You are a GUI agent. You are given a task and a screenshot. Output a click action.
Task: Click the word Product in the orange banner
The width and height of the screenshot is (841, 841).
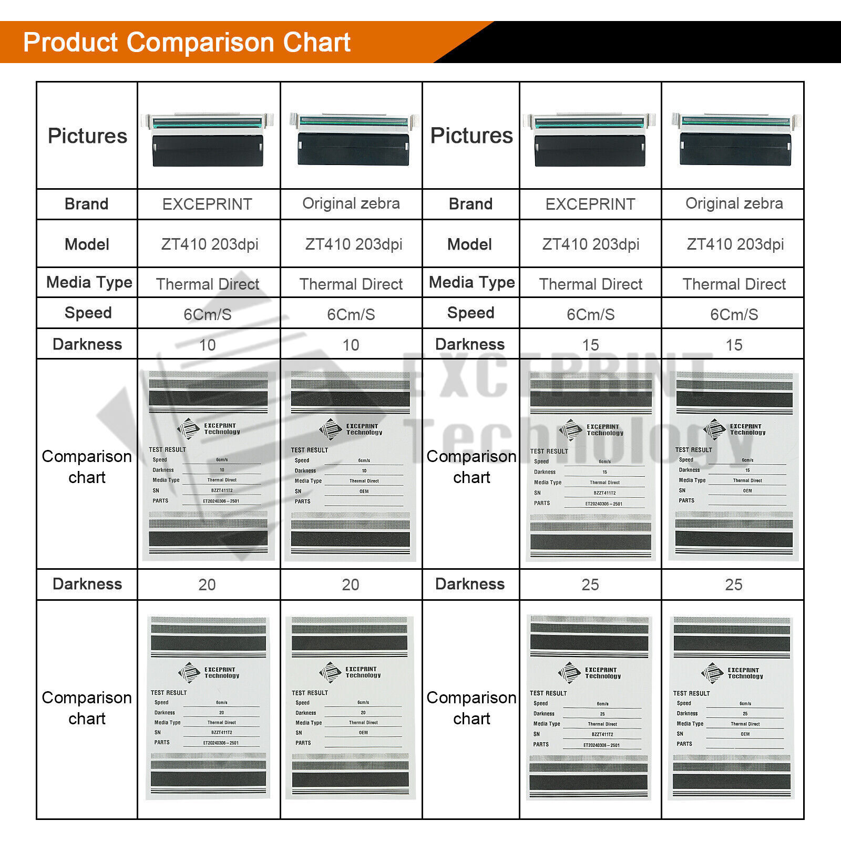click(70, 43)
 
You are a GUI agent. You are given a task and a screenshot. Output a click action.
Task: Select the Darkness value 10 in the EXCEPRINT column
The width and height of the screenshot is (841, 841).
click(208, 345)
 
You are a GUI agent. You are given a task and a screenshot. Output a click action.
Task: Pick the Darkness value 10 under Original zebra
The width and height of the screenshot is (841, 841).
click(351, 345)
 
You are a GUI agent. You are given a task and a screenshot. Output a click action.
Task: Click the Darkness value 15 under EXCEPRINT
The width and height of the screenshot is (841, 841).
click(590, 345)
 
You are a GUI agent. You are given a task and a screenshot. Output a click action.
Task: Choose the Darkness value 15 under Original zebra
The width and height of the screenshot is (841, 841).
click(734, 345)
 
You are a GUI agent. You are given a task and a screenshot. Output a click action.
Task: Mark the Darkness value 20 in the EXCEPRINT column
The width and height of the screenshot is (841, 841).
click(207, 584)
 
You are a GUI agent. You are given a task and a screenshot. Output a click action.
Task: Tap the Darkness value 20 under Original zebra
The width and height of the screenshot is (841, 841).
click(351, 584)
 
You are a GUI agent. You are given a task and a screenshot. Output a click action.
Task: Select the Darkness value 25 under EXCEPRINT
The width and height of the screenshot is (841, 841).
click(590, 584)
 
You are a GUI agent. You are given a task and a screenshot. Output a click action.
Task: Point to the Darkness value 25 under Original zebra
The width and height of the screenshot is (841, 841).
click(734, 584)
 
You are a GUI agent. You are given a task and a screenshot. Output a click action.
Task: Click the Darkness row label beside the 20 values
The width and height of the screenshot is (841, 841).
click(87, 584)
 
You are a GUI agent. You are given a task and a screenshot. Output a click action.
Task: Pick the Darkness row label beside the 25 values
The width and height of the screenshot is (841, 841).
click(470, 584)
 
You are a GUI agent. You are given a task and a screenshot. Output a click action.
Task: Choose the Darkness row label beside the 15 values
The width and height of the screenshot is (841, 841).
click(470, 344)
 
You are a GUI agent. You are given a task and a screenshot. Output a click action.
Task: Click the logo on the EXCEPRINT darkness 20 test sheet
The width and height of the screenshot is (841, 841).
click(189, 673)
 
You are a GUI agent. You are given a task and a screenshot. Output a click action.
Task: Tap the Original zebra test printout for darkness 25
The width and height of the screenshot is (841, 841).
click(732, 707)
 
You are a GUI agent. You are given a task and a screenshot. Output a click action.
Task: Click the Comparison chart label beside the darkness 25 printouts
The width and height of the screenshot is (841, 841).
click(471, 707)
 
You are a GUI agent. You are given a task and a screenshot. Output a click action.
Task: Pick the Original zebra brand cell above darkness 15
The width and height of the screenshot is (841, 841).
click(734, 203)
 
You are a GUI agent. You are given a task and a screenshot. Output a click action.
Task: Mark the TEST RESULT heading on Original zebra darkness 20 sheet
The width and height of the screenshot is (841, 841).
click(310, 693)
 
